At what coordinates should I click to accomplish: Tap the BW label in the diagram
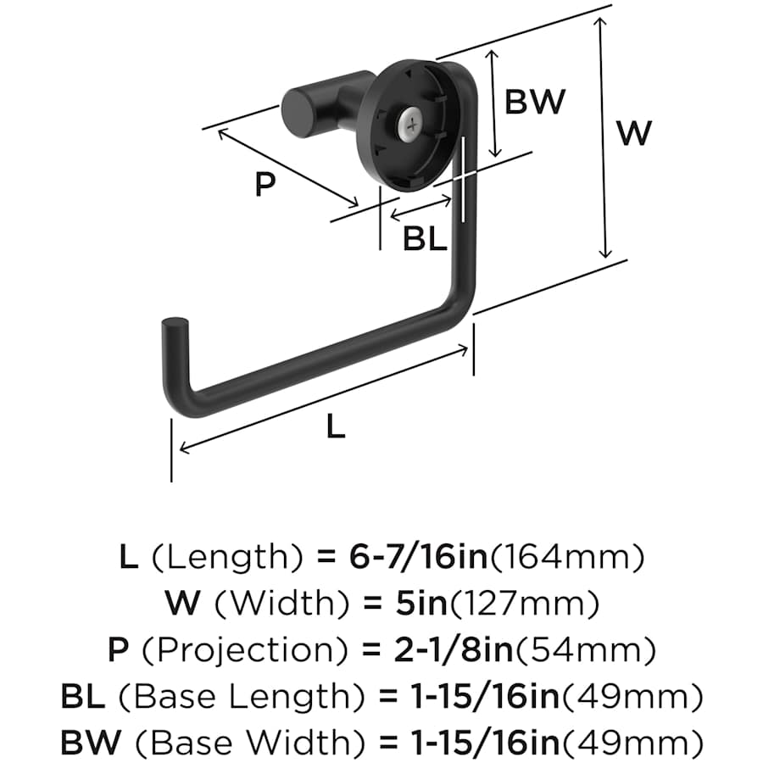535,102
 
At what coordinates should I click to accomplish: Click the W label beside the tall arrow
635,133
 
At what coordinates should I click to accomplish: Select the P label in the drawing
266,184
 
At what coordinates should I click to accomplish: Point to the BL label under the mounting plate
425,240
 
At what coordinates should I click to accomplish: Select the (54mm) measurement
592,650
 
